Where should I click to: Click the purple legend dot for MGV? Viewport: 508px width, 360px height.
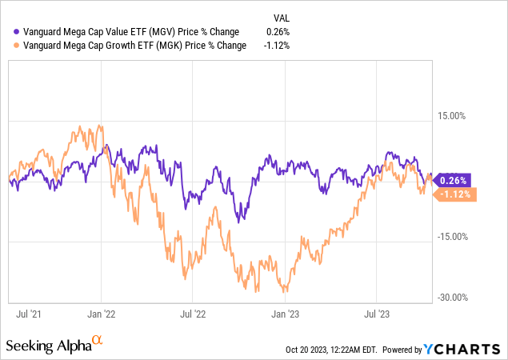[x=8, y=32]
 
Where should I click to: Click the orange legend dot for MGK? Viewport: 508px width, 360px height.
[x=8, y=46]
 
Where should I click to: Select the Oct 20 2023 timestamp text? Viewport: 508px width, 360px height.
[x=330, y=350]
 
